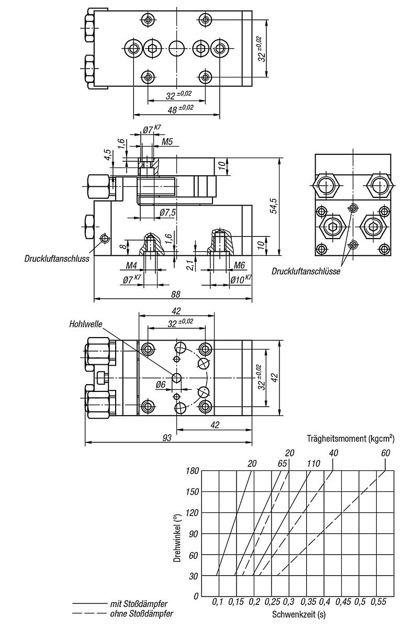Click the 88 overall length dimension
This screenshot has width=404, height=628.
(175, 294)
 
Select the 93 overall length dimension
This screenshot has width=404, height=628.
(166, 438)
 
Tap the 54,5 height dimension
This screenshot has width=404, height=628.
(273, 206)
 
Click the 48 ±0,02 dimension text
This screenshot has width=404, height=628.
(180, 109)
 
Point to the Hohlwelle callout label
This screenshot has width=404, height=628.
(86, 324)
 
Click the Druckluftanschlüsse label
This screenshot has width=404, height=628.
(306, 271)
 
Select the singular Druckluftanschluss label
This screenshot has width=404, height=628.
(57, 259)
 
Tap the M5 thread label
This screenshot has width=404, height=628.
(167, 142)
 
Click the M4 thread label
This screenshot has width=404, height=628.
(131, 265)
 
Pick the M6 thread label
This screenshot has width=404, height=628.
(239, 265)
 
